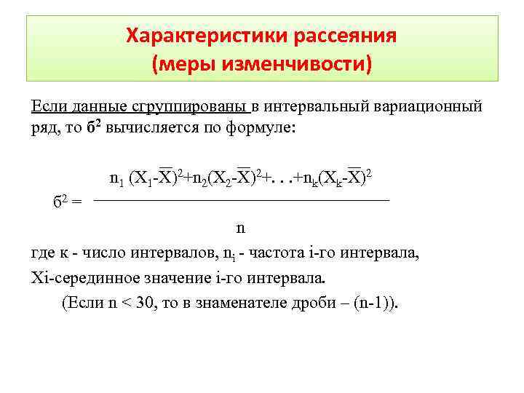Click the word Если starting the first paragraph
46,107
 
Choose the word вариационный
427,107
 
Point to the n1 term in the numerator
117,178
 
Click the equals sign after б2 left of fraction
77,201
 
